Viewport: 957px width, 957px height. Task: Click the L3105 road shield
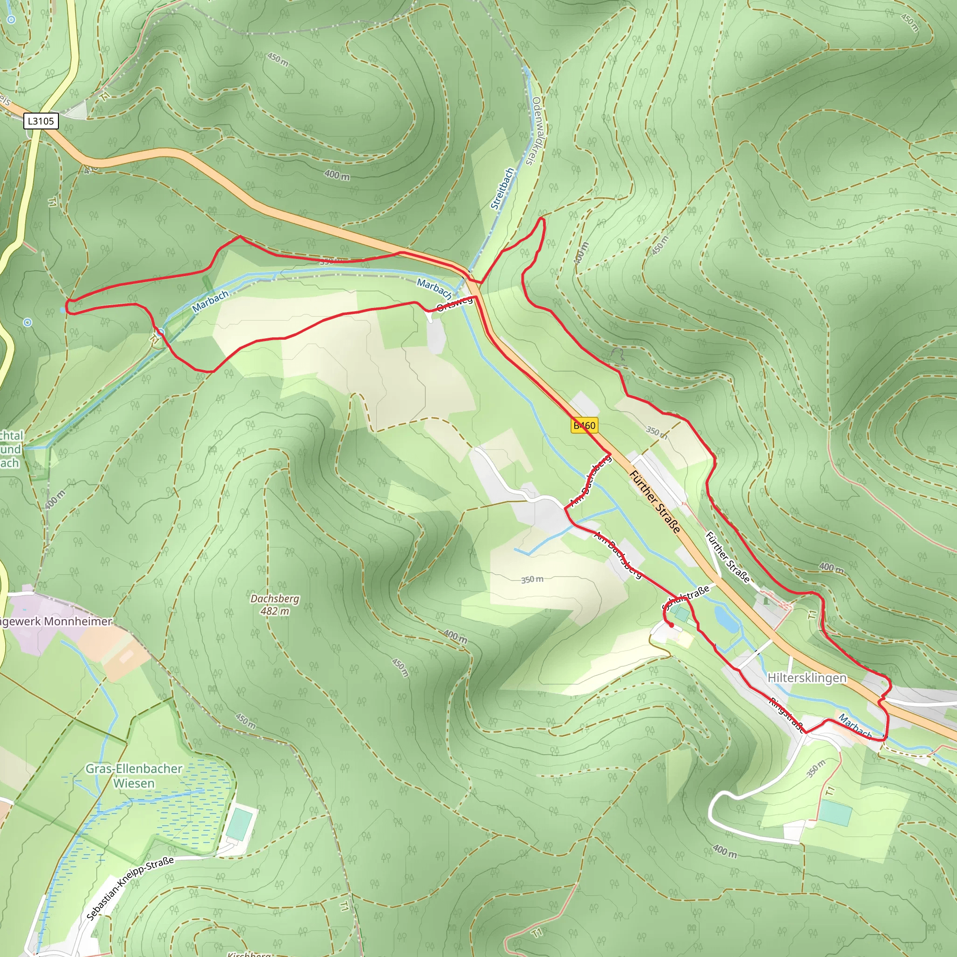(x=41, y=121)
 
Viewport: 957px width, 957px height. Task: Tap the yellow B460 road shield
(x=585, y=426)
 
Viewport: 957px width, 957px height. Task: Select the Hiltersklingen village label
(x=807, y=678)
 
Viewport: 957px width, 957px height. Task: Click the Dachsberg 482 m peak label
(x=275, y=604)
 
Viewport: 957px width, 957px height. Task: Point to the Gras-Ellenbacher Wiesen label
(x=134, y=776)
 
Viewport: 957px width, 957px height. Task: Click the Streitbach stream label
(x=502, y=189)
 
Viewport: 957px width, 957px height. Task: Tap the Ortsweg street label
(x=455, y=303)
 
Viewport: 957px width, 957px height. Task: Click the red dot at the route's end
(x=671, y=626)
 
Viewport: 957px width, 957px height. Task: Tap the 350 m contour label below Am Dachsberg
(x=532, y=579)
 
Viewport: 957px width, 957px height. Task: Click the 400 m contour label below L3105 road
(x=337, y=175)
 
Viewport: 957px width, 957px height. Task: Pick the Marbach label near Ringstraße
(x=855, y=726)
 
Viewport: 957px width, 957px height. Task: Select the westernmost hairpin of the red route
(x=67, y=306)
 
